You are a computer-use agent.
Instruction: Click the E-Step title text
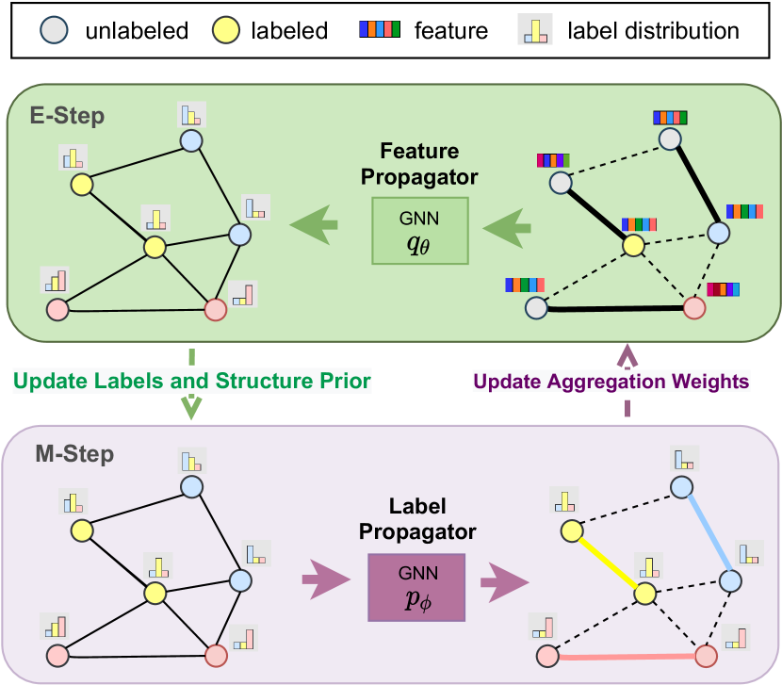(x=67, y=117)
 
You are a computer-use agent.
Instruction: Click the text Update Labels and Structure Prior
(x=192, y=381)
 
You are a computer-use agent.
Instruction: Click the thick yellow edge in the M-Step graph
(x=607, y=563)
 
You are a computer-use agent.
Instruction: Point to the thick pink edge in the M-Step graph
(x=624, y=654)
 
